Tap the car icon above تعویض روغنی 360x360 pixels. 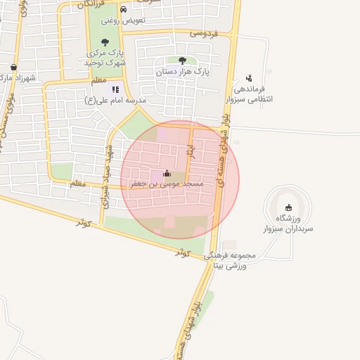coord(124,10)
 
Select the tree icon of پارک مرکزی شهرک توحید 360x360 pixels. coord(105,42)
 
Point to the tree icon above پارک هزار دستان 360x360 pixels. coord(183,60)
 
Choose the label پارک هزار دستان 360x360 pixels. coord(183,72)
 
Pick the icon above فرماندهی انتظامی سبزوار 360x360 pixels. coord(248,78)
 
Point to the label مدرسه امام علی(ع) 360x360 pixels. coord(115,100)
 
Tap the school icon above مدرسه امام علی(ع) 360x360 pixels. coord(115,89)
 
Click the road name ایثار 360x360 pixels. coord(188,150)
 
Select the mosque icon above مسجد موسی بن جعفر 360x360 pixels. coord(167,173)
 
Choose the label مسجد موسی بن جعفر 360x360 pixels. coord(167,184)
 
